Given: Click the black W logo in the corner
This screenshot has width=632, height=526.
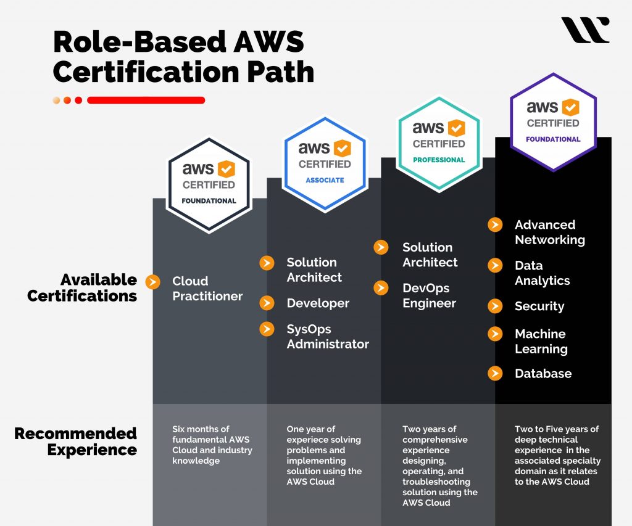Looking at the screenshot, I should [x=585, y=30].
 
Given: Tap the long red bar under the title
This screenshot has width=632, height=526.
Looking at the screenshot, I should [x=146, y=100].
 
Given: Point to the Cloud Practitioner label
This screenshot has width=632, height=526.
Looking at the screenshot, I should [x=207, y=289].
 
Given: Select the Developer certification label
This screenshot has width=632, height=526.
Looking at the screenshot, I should [x=318, y=303].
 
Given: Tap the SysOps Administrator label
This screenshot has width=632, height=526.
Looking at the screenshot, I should [x=328, y=337].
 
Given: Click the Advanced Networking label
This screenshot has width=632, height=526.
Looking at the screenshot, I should [x=549, y=232].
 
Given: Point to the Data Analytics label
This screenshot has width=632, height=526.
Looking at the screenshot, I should [x=542, y=273].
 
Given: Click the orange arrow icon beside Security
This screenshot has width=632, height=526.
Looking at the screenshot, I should [x=495, y=306].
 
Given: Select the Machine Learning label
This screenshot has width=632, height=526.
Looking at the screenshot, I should [x=541, y=341].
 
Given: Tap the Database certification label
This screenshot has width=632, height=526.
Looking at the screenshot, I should [x=543, y=374].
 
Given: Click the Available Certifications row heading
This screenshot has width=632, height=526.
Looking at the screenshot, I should [x=82, y=288].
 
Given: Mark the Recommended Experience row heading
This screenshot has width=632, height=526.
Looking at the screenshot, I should [x=75, y=442].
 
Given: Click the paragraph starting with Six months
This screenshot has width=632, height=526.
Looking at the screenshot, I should [x=212, y=445].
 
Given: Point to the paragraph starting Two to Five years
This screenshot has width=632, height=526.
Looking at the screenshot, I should [x=557, y=455].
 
